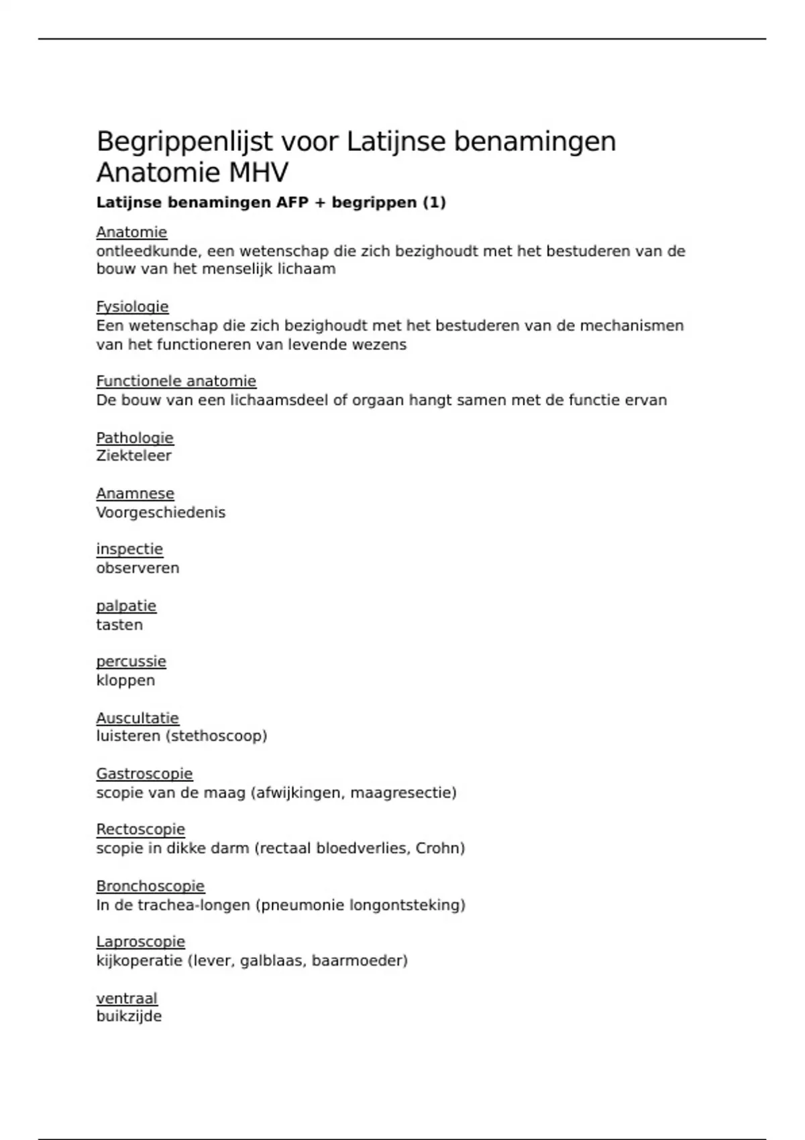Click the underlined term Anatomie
131,232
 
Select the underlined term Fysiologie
132,306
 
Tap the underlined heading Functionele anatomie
176,381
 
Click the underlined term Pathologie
135,438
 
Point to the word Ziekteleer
133,456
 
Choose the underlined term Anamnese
135,494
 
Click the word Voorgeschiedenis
160,512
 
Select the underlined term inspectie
129,549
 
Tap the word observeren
138,568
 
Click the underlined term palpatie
126,606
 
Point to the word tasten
119,624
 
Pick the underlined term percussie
131,661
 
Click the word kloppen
125,680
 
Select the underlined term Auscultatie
138,718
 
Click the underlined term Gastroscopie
144,774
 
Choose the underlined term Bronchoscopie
150,886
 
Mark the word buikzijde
129,1016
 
